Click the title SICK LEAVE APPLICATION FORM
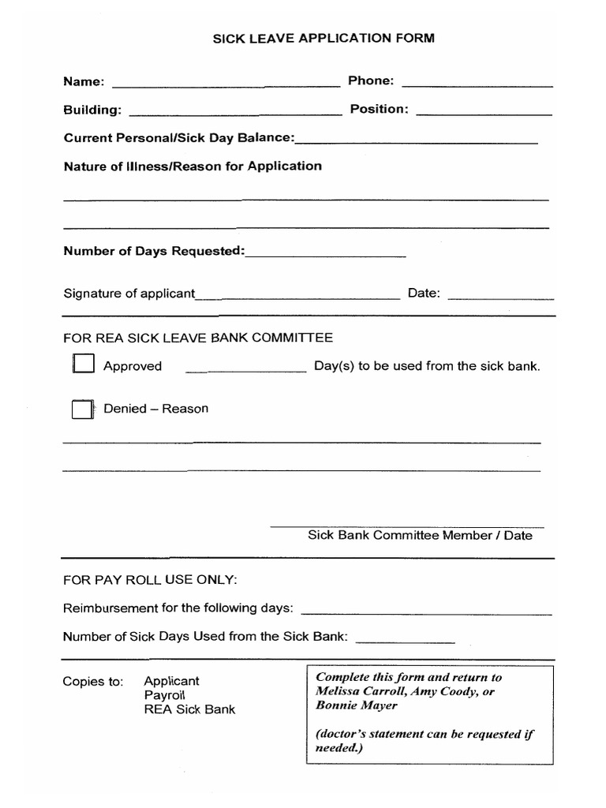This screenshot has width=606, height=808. [x=324, y=38]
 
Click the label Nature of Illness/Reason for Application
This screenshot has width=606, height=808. [x=193, y=166]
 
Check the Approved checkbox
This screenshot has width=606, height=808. [x=83, y=365]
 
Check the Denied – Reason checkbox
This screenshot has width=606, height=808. [x=82, y=409]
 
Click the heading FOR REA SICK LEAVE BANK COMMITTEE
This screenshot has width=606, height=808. [x=198, y=338]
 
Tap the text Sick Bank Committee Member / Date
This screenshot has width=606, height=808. [x=420, y=536]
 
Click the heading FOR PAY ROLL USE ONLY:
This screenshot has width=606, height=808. [x=150, y=580]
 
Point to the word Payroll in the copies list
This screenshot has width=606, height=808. [x=164, y=695]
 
